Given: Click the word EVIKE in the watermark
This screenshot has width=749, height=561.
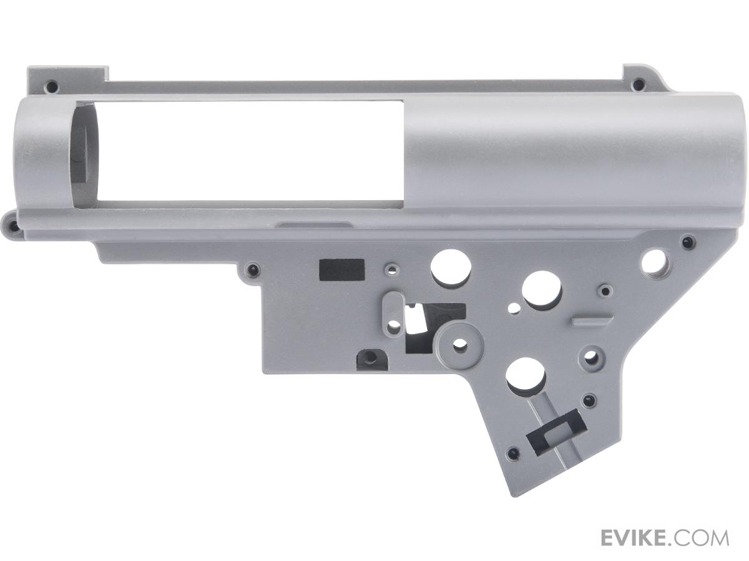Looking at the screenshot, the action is click(x=640, y=538).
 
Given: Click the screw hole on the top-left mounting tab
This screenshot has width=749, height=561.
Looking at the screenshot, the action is click(x=52, y=85).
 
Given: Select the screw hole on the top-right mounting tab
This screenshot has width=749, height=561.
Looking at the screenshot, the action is click(x=635, y=84).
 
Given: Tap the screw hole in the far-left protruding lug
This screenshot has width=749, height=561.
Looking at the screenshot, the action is click(x=12, y=224).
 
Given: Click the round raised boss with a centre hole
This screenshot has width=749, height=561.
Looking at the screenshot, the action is click(x=458, y=346).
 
